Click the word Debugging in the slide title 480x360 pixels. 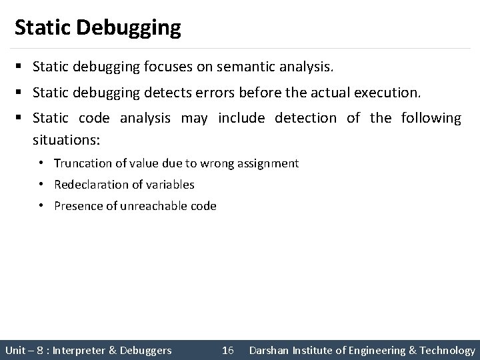pos(129,28)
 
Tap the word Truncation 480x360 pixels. pos(80,163)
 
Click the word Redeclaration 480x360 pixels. pos(87,185)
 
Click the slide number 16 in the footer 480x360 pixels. pos(227,350)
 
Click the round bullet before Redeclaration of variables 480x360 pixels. pos(41,185)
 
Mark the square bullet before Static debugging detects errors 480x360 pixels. pos(21,93)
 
